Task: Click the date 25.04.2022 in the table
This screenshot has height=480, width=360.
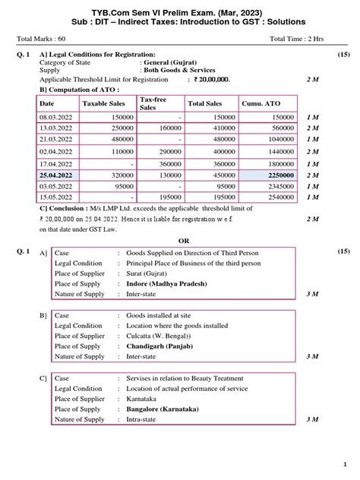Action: coord(55,175)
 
